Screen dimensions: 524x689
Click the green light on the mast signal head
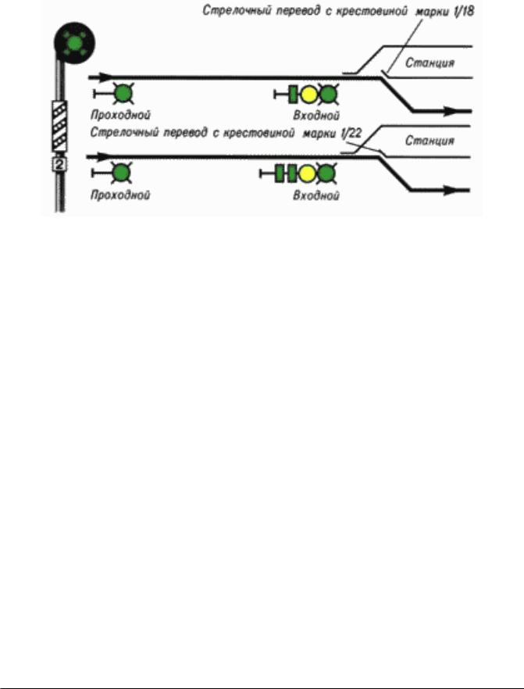(75, 43)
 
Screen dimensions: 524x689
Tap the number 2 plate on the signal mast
(59, 164)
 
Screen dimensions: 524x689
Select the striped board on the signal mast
(59, 126)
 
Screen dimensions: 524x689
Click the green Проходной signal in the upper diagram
(123, 94)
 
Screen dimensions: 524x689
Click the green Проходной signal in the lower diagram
(121, 173)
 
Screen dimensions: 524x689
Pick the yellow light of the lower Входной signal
(307, 173)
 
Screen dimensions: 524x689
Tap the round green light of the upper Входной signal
(328, 95)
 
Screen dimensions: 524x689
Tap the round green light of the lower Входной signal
(326, 173)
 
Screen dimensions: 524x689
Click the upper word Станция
(430, 62)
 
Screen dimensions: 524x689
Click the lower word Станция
(430, 141)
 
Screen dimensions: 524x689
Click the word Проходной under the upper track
(121, 115)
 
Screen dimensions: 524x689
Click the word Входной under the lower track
(316, 195)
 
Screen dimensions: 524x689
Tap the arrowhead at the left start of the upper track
(105, 77)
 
